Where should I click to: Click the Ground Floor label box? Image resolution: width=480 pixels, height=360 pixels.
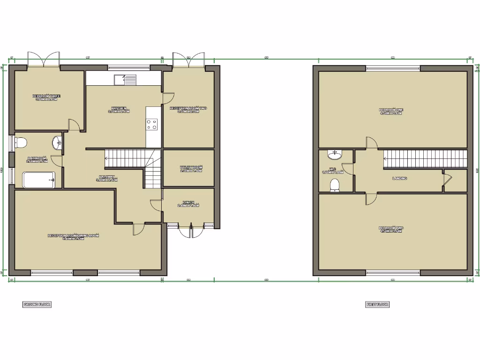37,304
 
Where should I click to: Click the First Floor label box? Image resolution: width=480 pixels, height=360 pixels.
377,304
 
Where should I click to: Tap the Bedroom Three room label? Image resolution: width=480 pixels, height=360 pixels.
46,97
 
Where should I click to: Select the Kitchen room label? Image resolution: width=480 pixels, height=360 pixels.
119,110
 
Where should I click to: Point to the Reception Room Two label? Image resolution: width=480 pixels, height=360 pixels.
188,110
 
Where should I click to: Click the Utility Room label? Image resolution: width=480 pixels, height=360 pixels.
190,169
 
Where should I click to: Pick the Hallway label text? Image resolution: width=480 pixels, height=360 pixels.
106,178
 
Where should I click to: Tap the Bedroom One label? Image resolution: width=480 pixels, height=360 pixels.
391,111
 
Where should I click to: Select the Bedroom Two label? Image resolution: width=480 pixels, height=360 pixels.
391,229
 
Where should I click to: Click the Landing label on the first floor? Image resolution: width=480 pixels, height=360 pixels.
399,178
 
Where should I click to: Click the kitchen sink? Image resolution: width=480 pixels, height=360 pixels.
125,80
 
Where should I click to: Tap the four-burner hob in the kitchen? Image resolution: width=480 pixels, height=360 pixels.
152,125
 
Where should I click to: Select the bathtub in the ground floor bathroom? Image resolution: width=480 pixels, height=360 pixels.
38,180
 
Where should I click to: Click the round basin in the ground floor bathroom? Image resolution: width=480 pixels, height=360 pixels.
57,142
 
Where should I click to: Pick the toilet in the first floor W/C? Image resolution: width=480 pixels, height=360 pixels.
335,185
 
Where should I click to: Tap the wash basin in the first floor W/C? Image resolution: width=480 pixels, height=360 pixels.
335,155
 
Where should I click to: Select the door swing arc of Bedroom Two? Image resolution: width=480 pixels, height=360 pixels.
371,199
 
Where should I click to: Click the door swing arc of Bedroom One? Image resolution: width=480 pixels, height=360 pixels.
371,142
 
